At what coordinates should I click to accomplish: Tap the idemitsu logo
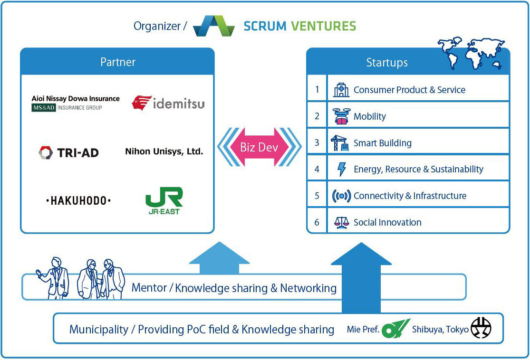[168, 103]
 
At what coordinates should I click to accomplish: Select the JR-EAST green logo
[163, 200]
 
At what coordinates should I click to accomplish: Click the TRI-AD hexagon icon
[46, 152]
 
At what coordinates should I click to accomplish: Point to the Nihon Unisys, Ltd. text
[164, 152]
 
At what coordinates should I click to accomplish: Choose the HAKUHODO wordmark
[78, 201]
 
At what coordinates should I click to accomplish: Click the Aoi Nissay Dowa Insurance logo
[76, 103]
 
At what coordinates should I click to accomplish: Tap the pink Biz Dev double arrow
[259, 147]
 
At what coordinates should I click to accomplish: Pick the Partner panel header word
[117, 62]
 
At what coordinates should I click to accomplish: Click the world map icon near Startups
[471, 53]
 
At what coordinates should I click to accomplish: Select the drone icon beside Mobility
[341, 116]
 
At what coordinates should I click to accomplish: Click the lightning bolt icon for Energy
[341, 169]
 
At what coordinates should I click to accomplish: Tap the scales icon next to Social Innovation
[341, 222]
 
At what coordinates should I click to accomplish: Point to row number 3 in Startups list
[317, 142]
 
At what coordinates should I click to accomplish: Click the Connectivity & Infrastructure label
[410, 196]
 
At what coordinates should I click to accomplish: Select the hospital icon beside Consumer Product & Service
[341, 90]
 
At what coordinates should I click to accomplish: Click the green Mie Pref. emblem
[395, 329]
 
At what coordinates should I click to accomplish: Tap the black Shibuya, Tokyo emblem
[481, 328]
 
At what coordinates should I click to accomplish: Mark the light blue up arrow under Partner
[219, 259]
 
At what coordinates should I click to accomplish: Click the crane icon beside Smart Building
[340, 142]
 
